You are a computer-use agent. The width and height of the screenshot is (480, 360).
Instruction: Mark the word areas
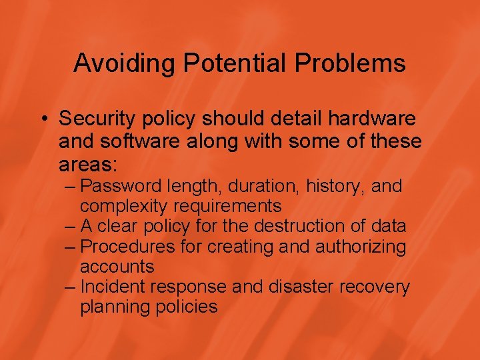pyautogui.click(x=87, y=165)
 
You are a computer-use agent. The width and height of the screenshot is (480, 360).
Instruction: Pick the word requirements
pyautogui.click(x=226, y=206)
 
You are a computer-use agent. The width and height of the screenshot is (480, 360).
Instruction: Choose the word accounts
pyautogui.click(x=117, y=267)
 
